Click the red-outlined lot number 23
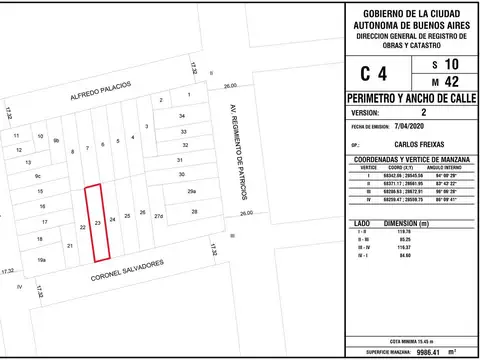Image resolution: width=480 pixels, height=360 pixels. coord(97,222)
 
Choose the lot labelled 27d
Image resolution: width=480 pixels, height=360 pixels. coord(158,214)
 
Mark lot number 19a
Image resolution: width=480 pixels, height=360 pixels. coord(42,260)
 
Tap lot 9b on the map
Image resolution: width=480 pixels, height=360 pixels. coord(56,141)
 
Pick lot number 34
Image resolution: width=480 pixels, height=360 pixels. coord(182,116)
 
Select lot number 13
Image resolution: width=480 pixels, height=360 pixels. coord(29,161)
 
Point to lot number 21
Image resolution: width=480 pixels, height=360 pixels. coord(69,245)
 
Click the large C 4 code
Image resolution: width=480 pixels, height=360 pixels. coord(372,72)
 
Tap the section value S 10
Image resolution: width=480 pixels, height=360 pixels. coord(440,63)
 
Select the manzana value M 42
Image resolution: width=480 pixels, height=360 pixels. coord(440,82)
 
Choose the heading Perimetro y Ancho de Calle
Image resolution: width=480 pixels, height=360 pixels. coord(410,100)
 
